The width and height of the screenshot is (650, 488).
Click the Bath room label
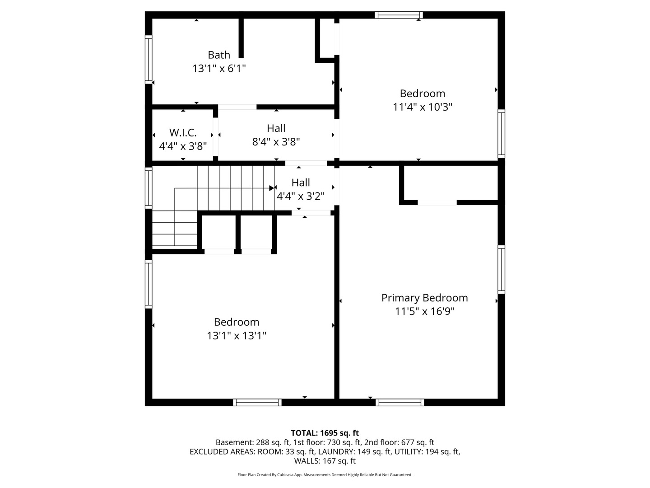tap(219, 55)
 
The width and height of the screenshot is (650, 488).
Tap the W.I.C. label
tap(183, 133)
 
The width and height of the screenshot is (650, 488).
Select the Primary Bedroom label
tap(424, 298)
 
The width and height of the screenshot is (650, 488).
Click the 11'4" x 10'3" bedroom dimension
tap(422, 107)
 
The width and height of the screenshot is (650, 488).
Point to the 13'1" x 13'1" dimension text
tap(237, 336)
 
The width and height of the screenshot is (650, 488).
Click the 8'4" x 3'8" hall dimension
tap(276, 142)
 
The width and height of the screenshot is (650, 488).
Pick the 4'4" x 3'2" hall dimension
tap(301, 196)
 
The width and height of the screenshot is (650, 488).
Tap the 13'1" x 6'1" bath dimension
tap(219, 69)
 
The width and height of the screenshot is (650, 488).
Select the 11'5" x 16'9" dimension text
tap(424, 311)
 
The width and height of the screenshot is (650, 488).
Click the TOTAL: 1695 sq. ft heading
tap(325, 433)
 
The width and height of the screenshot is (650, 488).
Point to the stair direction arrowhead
tap(272, 188)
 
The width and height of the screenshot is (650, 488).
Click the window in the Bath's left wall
tap(149, 60)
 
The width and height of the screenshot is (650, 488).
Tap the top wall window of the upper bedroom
tap(399, 15)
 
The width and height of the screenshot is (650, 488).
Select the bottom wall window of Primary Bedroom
tap(400, 402)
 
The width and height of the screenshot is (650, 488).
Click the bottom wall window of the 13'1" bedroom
tap(257, 402)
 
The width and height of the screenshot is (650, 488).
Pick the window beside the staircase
tap(149, 188)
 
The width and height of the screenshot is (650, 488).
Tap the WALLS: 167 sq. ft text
tap(325, 461)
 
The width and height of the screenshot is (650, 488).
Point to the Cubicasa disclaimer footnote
tap(325, 474)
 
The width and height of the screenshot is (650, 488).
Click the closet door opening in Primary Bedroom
tap(437, 203)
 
